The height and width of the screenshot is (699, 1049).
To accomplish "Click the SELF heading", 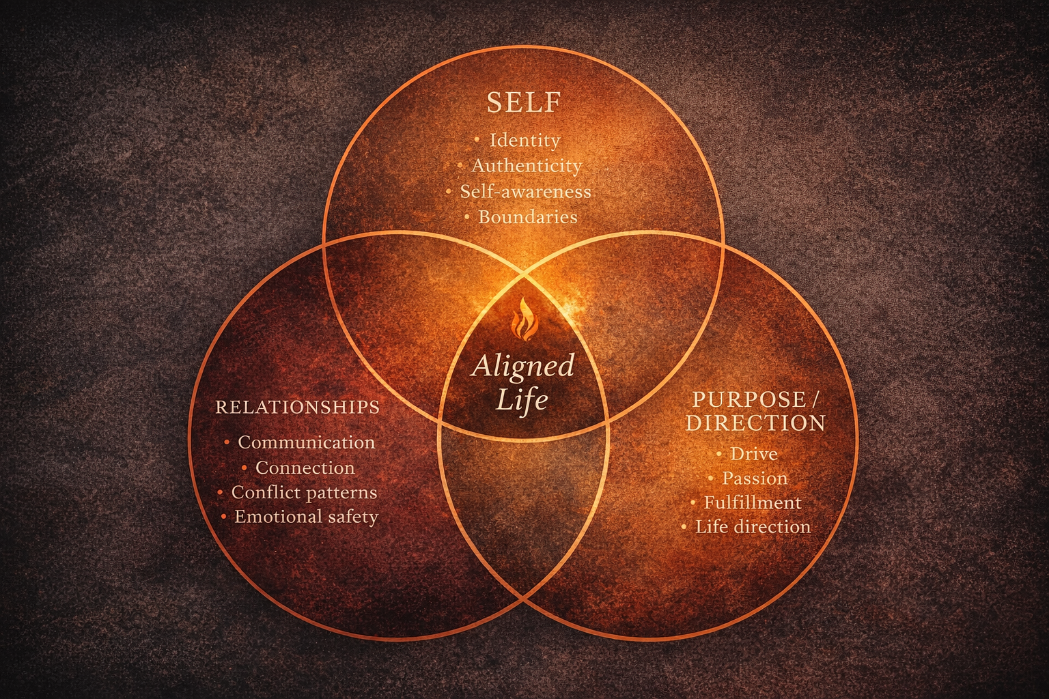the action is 524,103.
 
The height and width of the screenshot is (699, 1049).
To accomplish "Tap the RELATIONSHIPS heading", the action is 297,408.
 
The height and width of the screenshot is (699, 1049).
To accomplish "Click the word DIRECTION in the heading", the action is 755,423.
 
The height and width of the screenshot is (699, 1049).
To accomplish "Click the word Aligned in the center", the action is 523,367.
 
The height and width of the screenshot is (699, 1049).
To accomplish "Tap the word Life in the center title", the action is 522,400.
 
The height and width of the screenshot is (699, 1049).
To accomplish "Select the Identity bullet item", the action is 524,141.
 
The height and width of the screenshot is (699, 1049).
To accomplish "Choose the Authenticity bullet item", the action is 527,166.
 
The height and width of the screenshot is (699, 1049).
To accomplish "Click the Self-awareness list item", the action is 525,192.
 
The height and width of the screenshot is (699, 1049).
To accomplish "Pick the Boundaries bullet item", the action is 527,217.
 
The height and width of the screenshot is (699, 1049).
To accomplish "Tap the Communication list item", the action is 306,442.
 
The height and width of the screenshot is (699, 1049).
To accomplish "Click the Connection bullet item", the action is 305,468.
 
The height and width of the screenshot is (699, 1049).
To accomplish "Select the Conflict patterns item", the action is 304,492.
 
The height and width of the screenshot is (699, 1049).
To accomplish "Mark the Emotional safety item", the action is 306,517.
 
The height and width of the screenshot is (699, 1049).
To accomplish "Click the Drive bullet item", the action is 753,454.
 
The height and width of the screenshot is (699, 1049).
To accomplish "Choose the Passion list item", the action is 755,479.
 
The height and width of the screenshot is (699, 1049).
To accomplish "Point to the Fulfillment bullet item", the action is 753,502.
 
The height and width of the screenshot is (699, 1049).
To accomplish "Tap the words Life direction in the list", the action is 753,527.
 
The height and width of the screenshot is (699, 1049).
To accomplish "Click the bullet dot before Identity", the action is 476,141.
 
